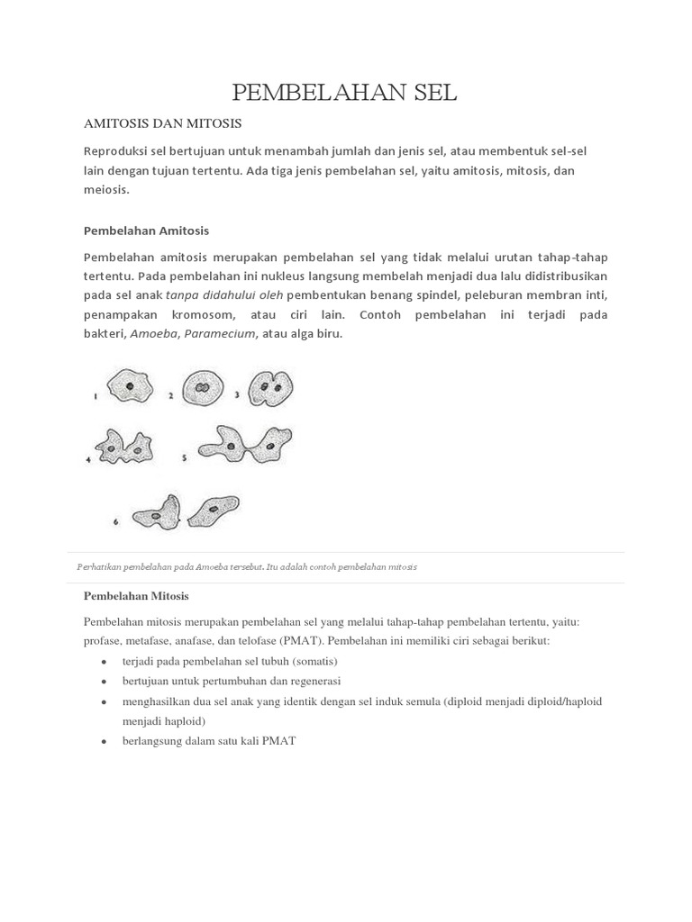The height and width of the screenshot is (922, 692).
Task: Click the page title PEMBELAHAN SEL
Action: (x=345, y=92)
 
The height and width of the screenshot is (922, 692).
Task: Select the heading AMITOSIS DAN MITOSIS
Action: (x=162, y=122)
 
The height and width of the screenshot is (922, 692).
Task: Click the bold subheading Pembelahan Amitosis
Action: (x=146, y=230)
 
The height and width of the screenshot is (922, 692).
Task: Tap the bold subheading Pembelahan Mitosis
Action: (x=136, y=596)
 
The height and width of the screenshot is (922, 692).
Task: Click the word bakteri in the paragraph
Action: (x=105, y=333)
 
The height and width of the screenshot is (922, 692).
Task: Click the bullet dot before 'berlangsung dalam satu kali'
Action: (x=105, y=741)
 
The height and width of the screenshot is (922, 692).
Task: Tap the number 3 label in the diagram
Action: (x=237, y=394)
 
